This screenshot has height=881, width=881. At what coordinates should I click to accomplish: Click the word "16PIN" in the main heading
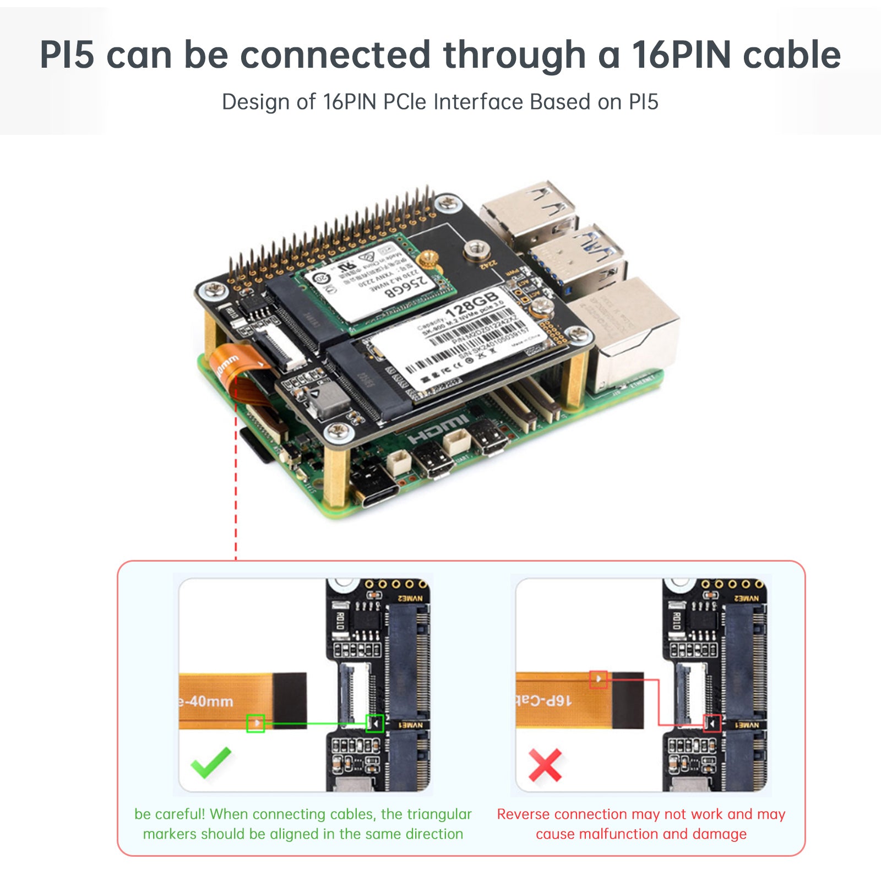click(681, 55)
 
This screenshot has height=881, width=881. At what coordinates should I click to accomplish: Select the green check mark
click(210, 763)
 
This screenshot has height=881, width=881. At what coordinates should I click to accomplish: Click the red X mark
click(545, 765)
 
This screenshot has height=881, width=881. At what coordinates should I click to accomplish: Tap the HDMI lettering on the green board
click(439, 429)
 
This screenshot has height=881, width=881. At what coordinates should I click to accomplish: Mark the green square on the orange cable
click(255, 723)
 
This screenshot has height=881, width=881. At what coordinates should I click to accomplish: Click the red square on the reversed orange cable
click(599, 679)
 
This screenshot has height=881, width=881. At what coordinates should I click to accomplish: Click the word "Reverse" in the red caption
click(523, 814)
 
